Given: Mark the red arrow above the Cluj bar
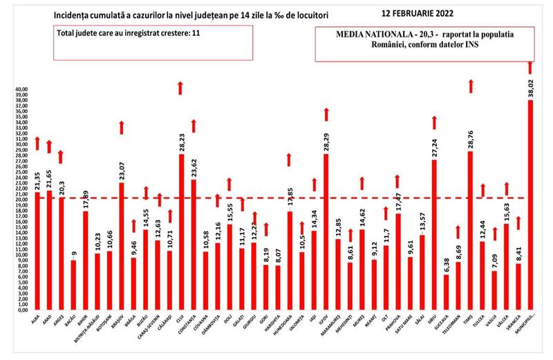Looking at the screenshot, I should (x=180, y=87).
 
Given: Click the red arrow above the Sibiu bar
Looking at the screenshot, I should (x=435, y=122).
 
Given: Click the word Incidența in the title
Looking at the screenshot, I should (x=68, y=14).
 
